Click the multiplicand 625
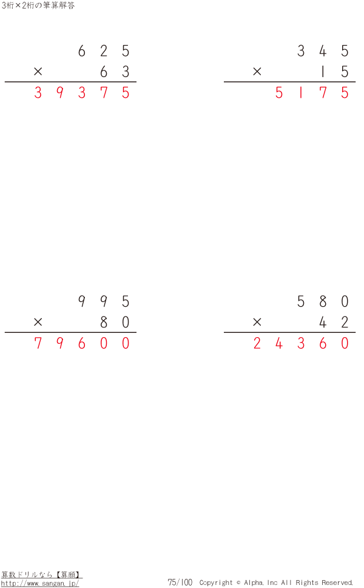pos(104,51)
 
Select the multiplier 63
pos(115,72)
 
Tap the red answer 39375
pos(82,93)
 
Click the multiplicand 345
pos(323,51)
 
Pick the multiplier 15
pos(334,72)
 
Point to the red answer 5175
pos(312,93)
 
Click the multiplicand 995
pos(104,302)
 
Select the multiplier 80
pos(115,323)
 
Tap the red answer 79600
pos(82,344)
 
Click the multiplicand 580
pos(323,302)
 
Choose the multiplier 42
pos(334,323)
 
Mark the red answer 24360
pos(301,344)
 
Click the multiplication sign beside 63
pos(38,72)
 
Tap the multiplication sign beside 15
pos(257,72)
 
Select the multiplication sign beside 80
pos(38,323)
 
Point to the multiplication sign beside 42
pos(257,323)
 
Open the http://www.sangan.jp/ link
pos(40,583)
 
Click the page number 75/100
pos(180,583)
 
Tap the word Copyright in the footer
pos(216,583)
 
